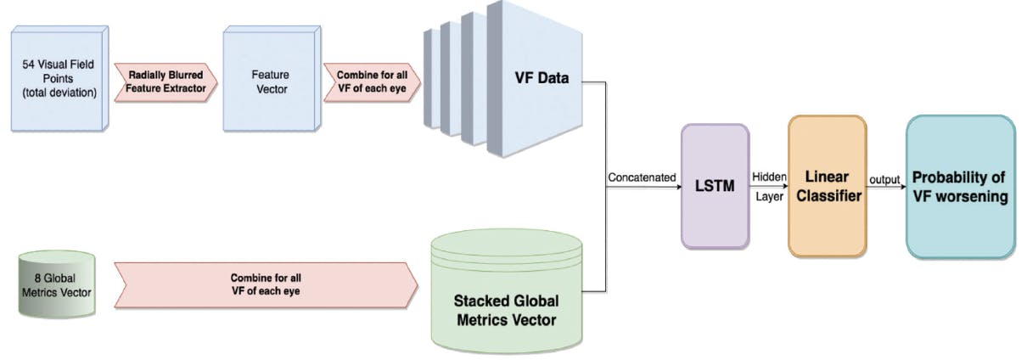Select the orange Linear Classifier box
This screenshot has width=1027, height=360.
(x=827, y=186)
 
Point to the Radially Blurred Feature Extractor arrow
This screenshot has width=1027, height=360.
(x=166, y=81)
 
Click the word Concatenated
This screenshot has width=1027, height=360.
(x=642, y=178)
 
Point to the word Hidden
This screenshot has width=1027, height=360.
(x=769, y=176)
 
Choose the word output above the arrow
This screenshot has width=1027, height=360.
(x=884, y=178)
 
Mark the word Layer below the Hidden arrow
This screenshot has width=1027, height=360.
(x=768, y=197)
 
